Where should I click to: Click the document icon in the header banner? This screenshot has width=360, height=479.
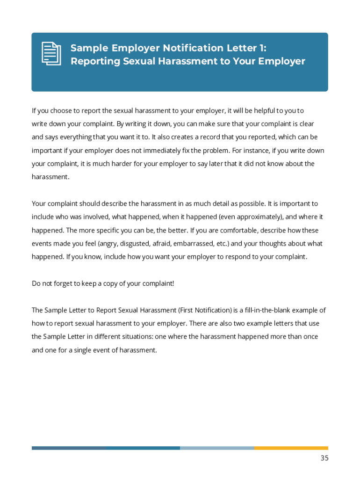coord(51,53)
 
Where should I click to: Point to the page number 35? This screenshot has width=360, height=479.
coord(324,458)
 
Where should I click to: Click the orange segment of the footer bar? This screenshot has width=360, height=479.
coord(291,448)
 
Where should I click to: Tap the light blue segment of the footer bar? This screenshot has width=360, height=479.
coord(217,448)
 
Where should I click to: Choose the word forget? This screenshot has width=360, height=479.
coord(64,283)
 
